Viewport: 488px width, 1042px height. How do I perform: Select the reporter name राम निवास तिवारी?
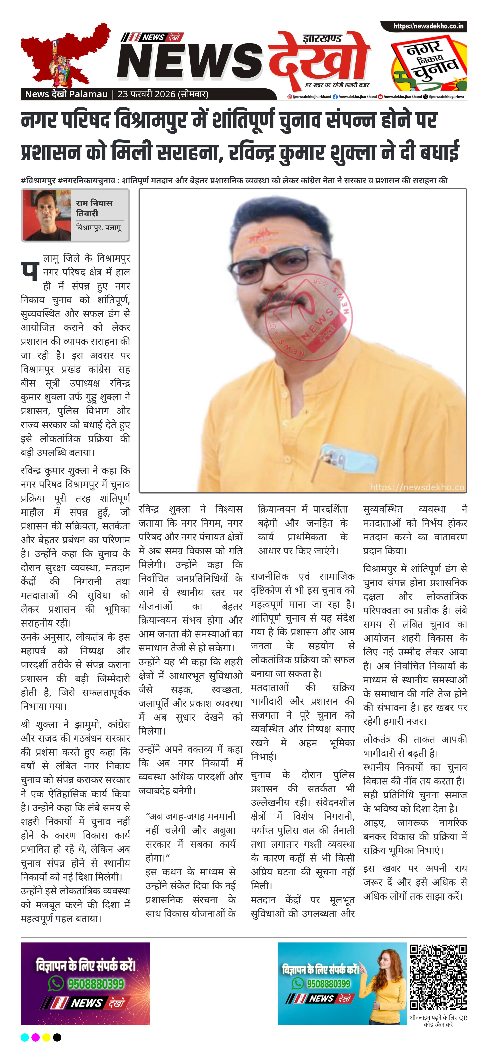[x=94, y=208]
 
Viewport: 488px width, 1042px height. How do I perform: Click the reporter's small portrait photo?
[x=47, y=215]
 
